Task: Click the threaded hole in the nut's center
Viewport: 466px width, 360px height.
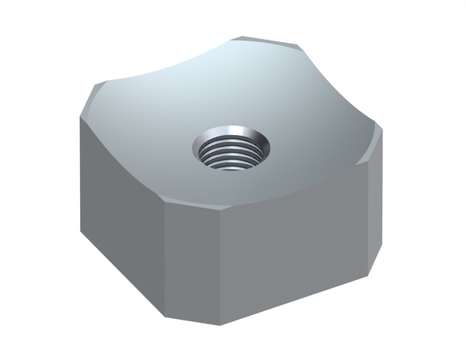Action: (x=231, y=149)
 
